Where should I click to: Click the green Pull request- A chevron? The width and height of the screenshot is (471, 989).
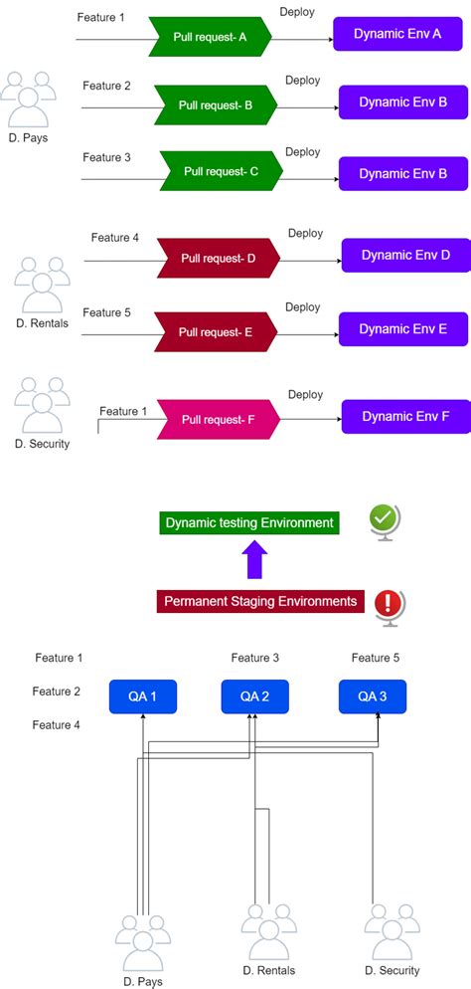pos(210,37)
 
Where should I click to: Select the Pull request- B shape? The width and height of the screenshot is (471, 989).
pos(216,103)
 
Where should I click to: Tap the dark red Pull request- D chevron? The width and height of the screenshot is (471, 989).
pos(219,259)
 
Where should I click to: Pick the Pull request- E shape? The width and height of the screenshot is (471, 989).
pos(216,331)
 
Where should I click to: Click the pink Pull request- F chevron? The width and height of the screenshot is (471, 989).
pos(218,420)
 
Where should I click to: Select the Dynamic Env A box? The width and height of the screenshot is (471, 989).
pos(384,33)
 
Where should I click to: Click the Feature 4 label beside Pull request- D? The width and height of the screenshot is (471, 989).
pos(115,238)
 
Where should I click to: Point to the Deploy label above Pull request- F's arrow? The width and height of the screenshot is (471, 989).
pos(305,395)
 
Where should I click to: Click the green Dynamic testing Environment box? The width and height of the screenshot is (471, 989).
pos(249,522)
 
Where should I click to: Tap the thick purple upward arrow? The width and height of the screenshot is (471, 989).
pos(254,561)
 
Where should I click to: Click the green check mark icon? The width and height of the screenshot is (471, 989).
pos(384,519)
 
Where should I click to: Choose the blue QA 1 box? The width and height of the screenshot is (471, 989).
pos(142,696)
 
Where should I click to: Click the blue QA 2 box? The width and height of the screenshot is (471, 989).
pos(254,696)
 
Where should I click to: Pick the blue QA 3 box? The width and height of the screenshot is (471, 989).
pos(373,696)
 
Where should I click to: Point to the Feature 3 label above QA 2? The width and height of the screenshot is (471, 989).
pos(255,658)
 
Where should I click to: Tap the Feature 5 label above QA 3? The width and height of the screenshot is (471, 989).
pos(377,658)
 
